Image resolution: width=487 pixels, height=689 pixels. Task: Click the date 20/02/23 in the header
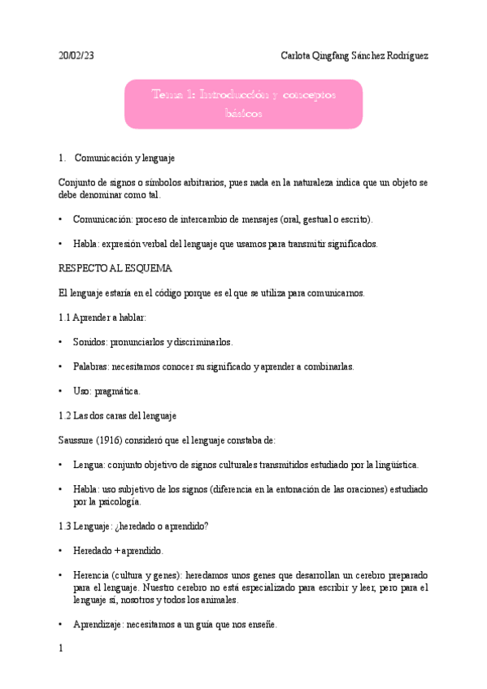click(76, 56)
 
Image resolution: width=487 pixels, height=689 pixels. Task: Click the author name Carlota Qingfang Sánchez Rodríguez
click(354, 56)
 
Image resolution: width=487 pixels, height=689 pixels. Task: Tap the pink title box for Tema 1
click(243, 104)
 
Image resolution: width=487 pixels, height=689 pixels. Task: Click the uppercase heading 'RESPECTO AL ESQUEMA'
click(115, 267)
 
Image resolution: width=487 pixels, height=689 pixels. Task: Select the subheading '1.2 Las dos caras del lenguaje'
click(118, 415)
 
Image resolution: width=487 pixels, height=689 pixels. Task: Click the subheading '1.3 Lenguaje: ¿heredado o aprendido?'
click(134, 526)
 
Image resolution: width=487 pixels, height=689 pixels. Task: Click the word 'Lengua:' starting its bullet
click(89, 465)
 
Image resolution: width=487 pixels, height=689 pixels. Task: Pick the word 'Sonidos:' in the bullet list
click(90, 342)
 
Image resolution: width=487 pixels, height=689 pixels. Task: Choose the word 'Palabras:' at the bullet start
click(92, 366)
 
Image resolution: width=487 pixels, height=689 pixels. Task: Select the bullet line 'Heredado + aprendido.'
click(118, 550)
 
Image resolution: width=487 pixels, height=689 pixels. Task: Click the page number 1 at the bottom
click(62, 649)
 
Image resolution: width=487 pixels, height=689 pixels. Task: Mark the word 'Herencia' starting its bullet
click(92, 574)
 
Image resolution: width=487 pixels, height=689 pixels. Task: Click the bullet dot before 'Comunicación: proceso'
click(62, 219)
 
